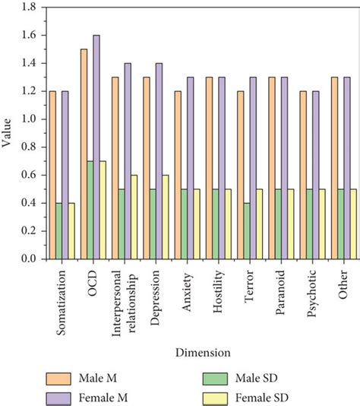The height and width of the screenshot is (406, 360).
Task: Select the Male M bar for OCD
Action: tap(83, 154)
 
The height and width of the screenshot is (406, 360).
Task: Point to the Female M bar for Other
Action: tap(346, 168)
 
